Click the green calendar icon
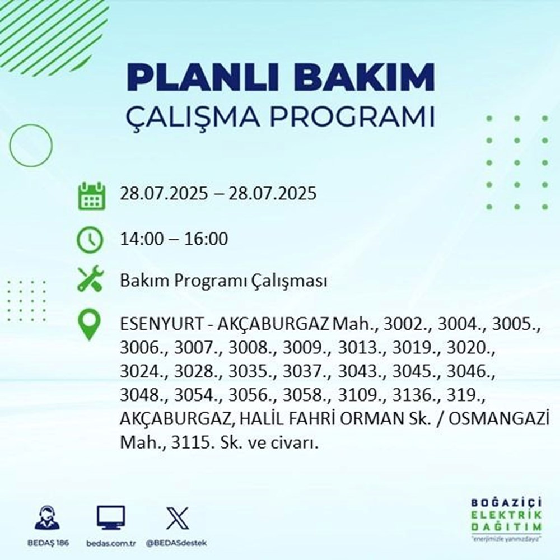[x=90, y=195]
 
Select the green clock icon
[x=90, y=240]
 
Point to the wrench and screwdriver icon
[x=90, y=280]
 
